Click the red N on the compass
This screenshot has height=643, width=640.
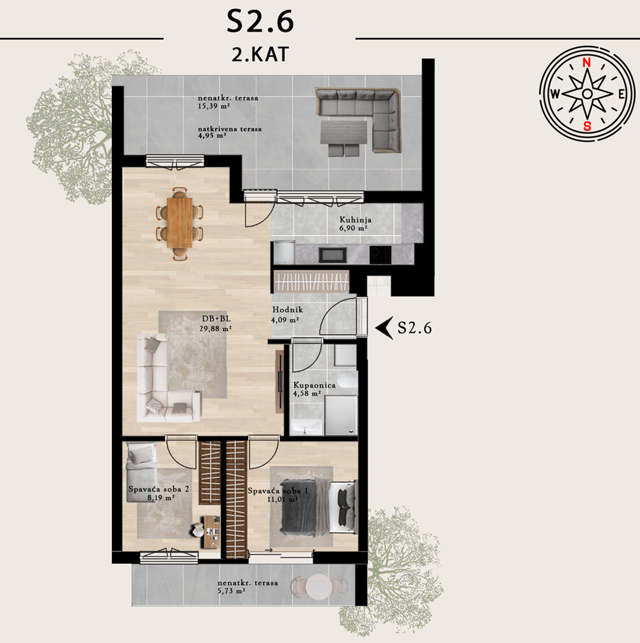(586, 63)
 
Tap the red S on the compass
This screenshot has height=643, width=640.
(588, 126)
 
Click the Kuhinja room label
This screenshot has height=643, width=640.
(355, 220)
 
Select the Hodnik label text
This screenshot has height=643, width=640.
(287, 310)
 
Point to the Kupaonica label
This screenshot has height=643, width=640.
(314, 385)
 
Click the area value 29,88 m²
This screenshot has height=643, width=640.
(215, 328)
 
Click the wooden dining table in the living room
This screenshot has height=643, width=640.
(179, 223)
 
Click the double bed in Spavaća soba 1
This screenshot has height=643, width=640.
(318, 507)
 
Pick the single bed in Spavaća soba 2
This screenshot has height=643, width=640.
(141, 473)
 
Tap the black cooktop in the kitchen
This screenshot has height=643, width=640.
(380, 255)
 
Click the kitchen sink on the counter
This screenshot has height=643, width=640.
(333, 255)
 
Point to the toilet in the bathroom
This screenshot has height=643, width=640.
(349, 380)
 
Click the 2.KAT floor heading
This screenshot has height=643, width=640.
(260, 55)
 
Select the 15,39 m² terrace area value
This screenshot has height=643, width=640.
(214, 105)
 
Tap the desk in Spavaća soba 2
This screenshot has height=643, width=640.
(211, 532)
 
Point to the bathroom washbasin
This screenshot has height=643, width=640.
(306, 427)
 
